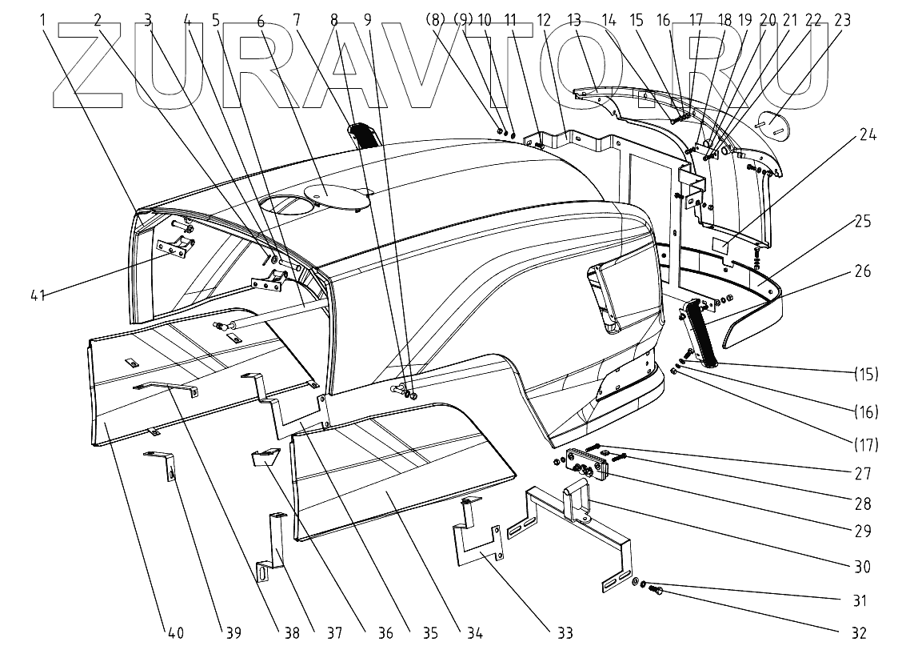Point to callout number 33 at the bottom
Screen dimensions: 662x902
point(565,632)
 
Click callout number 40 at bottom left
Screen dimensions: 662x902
point(175,632)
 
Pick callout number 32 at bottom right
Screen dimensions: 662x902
point(858,632)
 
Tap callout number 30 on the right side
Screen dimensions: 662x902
point(861,567)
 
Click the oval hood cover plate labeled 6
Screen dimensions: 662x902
point(337,192)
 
